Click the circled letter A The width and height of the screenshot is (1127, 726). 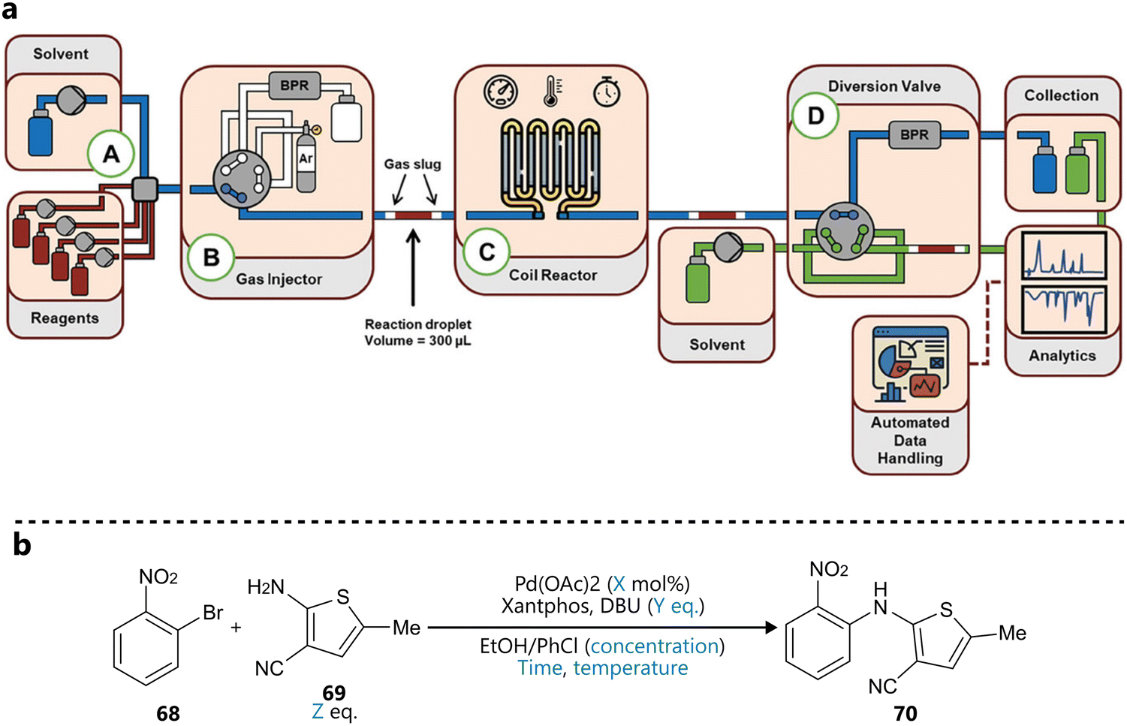click(x=110, y=154)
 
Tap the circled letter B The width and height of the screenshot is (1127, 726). click(x=211, y=258)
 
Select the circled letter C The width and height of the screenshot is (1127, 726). click(x=487, y=252)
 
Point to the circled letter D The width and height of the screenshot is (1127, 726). click(x=815, y=116)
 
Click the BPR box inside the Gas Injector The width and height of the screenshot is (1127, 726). click(x=294, y=86)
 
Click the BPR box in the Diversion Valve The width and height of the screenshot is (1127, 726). click(x=915, y=135)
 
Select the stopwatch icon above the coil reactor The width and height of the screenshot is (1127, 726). click(x=607, y=92)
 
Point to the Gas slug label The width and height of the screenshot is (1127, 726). click(x=412, y=164)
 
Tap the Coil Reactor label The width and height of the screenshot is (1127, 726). click(x=553, y=276)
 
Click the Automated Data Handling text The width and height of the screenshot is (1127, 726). click(x=910, y=441)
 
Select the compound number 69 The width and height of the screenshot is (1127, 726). click(x=334, y=692)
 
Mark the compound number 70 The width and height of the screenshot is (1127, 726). click(x=905, y=713)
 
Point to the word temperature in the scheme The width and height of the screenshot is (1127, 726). click(x=631, y=668)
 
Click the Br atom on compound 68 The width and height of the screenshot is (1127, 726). click(x=213, y=613)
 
